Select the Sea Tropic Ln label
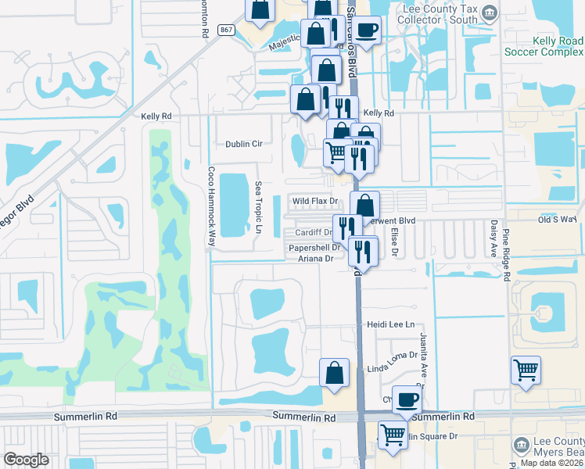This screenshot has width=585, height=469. [x=257, y=207]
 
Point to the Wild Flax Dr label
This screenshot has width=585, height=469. [x=314, y=201]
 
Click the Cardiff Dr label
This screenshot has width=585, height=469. [x=314, y=232]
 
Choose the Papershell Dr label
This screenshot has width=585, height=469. [x=314, y=248]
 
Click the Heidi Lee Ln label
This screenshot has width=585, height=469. [x=390, y=324]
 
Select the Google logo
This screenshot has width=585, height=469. [x=26, y=460]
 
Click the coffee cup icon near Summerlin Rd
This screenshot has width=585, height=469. [x=406, y=399]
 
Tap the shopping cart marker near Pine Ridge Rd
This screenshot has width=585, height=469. [x=526, y=370]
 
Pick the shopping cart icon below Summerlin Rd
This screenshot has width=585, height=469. [x=392, y=435]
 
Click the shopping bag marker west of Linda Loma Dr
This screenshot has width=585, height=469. [x=334, y=373]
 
